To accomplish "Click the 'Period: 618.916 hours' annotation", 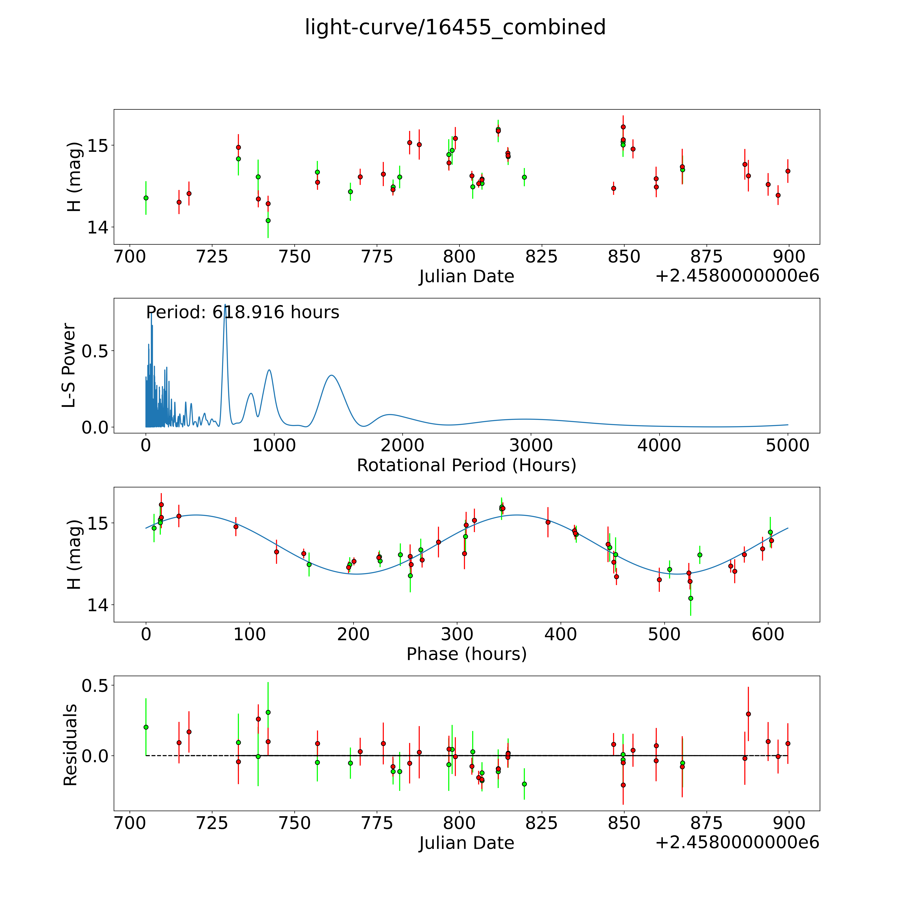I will click(x=242, y=313).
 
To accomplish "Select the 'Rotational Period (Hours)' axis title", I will click(x=466, y=465).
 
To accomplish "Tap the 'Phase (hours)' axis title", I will click(x=466, y=654).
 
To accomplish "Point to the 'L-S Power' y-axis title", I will click(x=69, y=365).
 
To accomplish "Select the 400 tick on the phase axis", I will click(x=560, y=634).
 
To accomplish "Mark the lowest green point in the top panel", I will click(x=268, y=220).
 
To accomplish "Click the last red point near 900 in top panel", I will click(x=788, y=171).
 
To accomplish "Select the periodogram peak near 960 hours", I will click(x=269, y=370).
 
